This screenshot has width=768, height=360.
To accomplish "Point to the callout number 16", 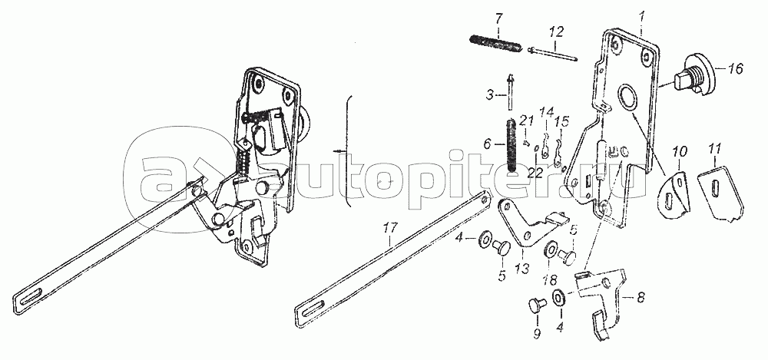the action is click(735, 68).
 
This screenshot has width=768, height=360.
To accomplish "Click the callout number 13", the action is click(522, 269).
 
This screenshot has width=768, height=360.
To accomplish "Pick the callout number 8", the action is click(641, 297).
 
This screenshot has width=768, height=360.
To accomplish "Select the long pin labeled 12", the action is click(554, 54).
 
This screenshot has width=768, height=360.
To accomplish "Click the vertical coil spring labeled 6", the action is click(511, 145).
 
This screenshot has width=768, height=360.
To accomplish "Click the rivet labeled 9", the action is click(535, 306).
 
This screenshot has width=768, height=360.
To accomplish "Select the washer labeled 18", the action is click(551, 249).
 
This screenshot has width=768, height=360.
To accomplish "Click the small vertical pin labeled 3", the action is click(511, 92).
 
